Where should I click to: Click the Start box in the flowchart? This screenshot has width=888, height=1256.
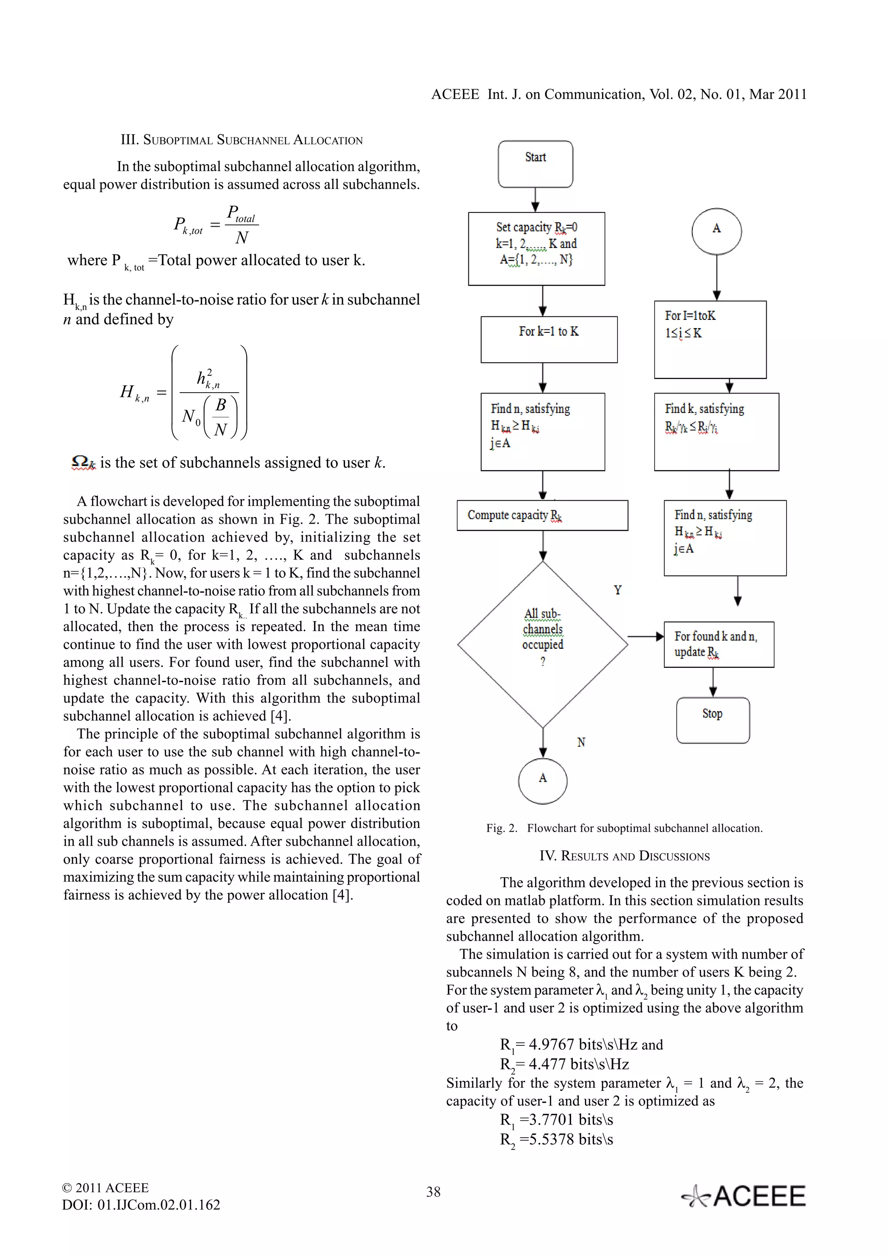tap(535, 164)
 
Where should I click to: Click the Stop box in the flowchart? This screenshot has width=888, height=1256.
tap(712, 720)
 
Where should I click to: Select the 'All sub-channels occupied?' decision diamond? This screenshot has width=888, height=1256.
tap(542, 644)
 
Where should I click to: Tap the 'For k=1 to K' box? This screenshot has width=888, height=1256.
tap(549, 339)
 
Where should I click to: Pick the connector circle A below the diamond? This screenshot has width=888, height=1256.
tap(542, 781)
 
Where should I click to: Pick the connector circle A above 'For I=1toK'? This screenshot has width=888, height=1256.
tap(716, 231)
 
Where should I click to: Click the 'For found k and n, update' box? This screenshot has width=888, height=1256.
tap(718, 644)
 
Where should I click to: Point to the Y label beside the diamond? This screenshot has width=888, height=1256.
tap(618, 590)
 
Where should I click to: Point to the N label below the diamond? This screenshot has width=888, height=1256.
tap(581, 742)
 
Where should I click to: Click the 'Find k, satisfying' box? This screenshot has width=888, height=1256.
tap(716, 431)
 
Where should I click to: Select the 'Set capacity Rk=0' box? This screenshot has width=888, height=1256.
tap(536, 248)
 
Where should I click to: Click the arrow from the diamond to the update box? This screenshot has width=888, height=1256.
tap(646, 636)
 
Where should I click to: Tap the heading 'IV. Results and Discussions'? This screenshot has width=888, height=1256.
tap(624, 856)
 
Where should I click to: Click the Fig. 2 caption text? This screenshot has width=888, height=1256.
tap(624, 828)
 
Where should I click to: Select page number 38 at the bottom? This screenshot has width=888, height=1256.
tap(433, 1191)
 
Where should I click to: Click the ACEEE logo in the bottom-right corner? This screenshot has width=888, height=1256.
tap(744, 1196)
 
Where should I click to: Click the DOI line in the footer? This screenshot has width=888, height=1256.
tap(141, 1204)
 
